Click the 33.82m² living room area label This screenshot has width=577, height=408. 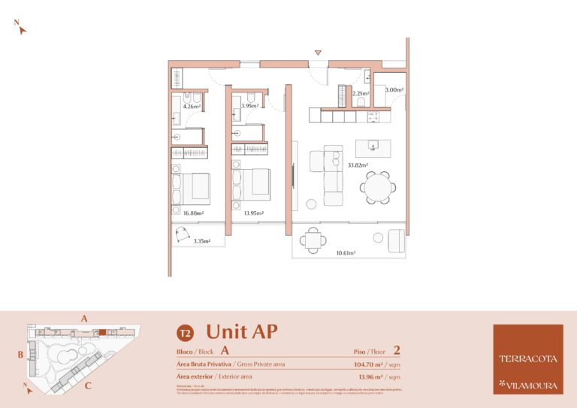point(358,165)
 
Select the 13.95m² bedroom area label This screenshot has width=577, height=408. point(253,213)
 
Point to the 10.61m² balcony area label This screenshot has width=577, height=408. point(346,253)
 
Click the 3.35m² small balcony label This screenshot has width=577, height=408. point(201,241)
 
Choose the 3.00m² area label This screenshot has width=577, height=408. point(394,90)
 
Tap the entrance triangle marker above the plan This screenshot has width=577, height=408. point(319,53)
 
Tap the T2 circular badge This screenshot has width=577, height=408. point(183,333)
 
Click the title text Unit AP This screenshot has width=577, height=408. point(237,331)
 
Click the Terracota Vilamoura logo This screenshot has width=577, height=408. point(527,359)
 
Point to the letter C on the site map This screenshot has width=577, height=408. point(88,386)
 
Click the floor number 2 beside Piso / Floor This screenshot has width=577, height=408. point(396,350)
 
